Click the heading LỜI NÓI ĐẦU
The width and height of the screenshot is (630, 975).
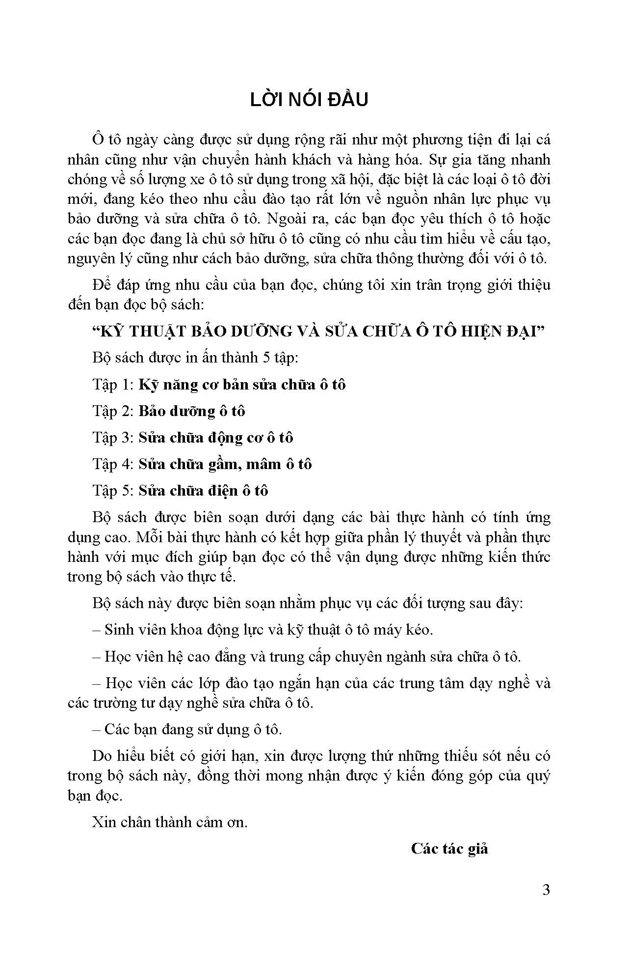pos(309,100)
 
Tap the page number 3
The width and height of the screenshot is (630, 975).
pos(546,890)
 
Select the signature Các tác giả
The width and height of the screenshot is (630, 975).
pos(449,848)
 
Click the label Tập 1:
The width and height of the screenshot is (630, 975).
pos(113,385)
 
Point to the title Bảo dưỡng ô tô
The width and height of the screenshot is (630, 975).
pos(191,411)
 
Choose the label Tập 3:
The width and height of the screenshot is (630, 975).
pos(113,438)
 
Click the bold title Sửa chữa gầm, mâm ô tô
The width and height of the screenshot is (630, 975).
pos(225,464)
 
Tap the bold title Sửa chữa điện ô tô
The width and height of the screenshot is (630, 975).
pos(203,491)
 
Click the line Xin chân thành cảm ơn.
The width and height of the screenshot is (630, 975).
pos(170,822)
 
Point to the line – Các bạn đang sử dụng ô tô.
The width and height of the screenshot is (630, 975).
pos(187,729)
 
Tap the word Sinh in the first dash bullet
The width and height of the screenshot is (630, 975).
pos(117,630)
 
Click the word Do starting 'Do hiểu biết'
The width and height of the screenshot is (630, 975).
pos(102,755)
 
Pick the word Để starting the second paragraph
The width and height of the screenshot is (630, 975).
pos(102,285)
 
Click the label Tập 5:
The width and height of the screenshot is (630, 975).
pos(113,491)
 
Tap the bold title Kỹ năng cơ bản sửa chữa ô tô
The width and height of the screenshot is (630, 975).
pos(242,385)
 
